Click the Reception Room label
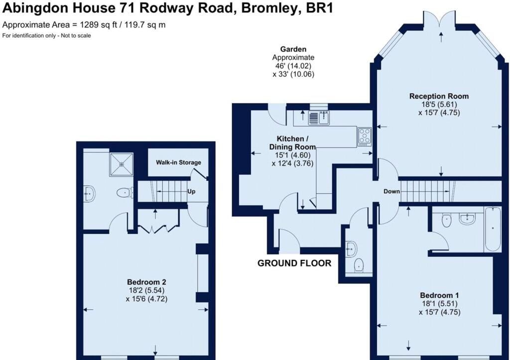click(x=439, y=96)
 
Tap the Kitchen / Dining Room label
click(x=292, y=143)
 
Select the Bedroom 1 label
click(x=439, y=295)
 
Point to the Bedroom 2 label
click(x=146, y=282)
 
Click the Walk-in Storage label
click(x=178, y=162)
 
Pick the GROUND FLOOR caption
click(x=294, y=263)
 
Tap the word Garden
click(x=293, y=49)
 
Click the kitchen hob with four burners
click(x=364, y=136)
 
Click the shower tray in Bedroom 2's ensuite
click(x=122, y=164)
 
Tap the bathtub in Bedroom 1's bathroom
click(x=493, y=229)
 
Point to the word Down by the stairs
click(x=391, y=191)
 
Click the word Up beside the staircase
click(x=191, y=191)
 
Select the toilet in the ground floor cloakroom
click(x=359, y=265)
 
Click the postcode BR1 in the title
click(x=320, y=8)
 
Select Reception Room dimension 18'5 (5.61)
click(x=439, y=105)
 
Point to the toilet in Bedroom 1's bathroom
click(x=447, y=220)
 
